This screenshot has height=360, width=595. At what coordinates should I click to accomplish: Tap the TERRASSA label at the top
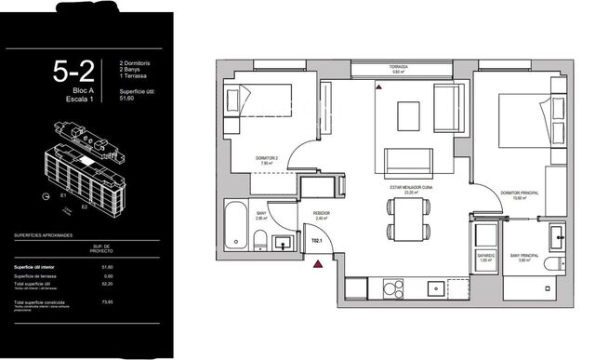pos(401,68)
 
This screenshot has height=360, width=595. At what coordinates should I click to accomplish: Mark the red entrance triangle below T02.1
pos(319,264)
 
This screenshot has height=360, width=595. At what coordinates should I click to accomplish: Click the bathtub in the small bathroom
pos(237,226)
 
